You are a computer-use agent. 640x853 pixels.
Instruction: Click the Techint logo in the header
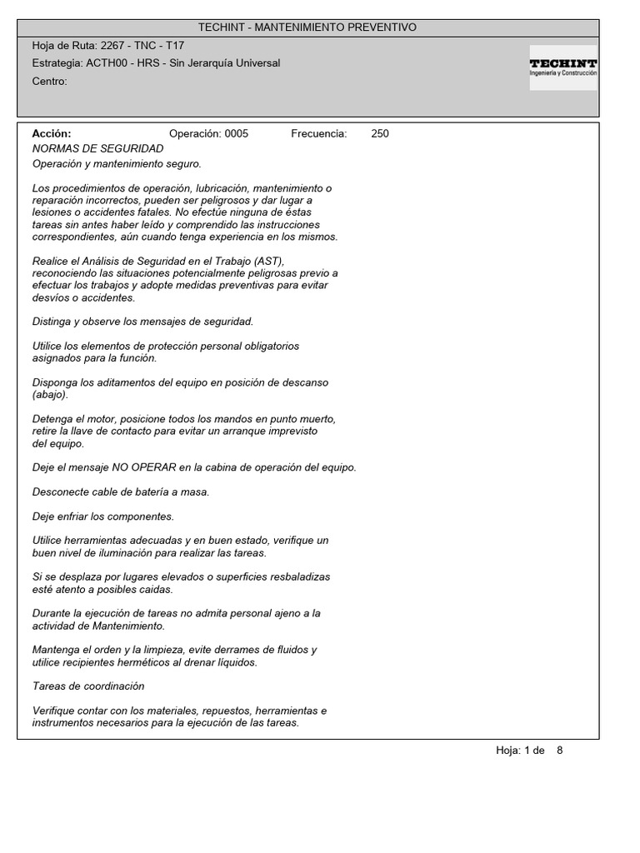tap(563, 67)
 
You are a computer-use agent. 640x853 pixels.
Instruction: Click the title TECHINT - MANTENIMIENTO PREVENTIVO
tap(307, 27)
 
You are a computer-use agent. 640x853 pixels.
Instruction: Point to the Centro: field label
tap(49, 81)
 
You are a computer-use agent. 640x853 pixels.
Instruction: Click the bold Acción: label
tap(52, 133)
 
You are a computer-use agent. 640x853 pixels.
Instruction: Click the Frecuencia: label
tap(318, 133)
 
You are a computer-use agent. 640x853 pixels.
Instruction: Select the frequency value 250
tap(380, 133)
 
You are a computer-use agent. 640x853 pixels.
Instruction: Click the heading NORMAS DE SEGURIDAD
tap(97, 148)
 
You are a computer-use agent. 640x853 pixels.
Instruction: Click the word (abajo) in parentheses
tap(50, 394)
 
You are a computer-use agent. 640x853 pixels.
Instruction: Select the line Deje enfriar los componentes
tap(103, 516)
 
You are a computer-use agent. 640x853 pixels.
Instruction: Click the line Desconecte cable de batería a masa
tap(121, 492)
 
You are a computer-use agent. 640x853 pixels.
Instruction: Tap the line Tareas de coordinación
tap(88, 686)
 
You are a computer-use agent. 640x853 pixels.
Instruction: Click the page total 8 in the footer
tap(560, 750)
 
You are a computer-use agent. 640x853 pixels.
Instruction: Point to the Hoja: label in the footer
tap(508, 750)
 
